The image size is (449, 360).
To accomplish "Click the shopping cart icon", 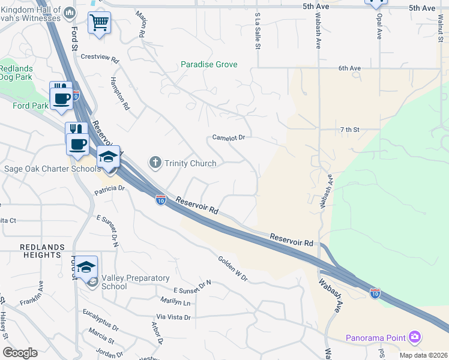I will pyautogui.click(x=99, y=23).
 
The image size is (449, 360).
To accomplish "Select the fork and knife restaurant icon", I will pyautogui.click(x=76, y=130).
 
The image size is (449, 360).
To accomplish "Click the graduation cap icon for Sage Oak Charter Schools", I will pyautogui.click(x=108, y=157).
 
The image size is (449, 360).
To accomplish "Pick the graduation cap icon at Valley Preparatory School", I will pyautogui.click(x=86, y=267).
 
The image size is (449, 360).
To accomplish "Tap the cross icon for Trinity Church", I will pyautogui.click(x=155, y=163).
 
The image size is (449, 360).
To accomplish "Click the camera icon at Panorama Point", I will pyautogui.click(x=414, y=337).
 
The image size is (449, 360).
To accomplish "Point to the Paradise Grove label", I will pyautogui.click(x=209, y=64).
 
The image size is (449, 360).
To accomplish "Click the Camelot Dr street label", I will pyautogui.click(x=229, y=137).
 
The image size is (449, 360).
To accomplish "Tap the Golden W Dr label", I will pyautogui.click(x=233, y=268).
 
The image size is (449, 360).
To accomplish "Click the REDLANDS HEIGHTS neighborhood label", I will pyautogui.click(x=41, y=251).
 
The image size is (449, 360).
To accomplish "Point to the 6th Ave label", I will pyautogui.click(x=349, y=68).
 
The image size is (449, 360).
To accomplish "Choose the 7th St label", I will pyautogui.click(x=349, y=130).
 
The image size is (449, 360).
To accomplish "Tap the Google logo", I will pyautogui.click(x=20, y=353).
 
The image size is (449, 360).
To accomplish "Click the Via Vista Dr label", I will pyautogui.click(x=173, y=317).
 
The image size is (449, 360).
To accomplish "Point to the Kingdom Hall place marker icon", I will pyautogui.click(x=70, y=13).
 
